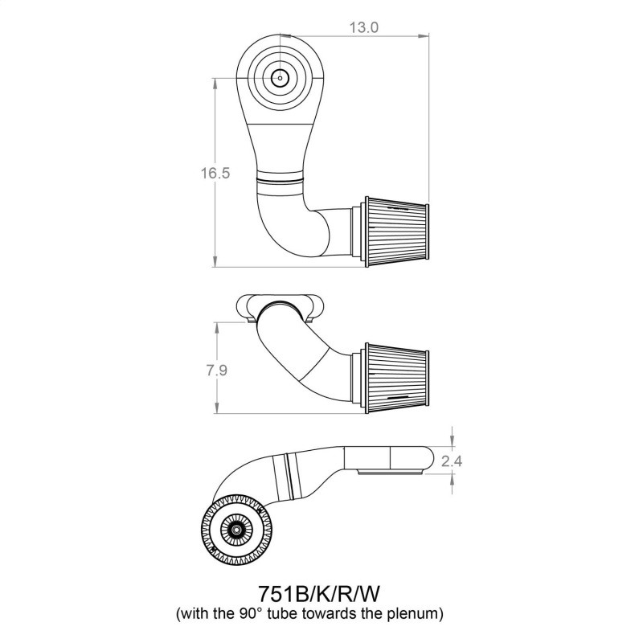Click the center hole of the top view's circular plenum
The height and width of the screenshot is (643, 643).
pyautogui.click(x=280, y=77)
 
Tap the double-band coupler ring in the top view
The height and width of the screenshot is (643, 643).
pyautogui.click(x=282, y=180)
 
